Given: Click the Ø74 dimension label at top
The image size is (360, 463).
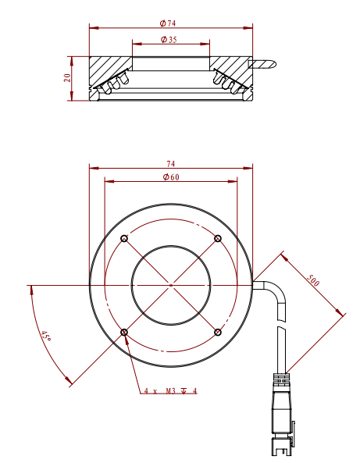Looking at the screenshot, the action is [x=168, y=23].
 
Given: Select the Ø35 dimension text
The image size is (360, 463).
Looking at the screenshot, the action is [x=169, y=39].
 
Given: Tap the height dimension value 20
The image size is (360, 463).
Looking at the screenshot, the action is [x=67, y=77].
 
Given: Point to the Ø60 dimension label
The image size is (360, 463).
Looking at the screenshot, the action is [x=171, y=177].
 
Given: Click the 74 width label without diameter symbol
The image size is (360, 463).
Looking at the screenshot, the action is [x=171, y=164].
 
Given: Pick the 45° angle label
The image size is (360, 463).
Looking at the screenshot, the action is [x=46, y=337].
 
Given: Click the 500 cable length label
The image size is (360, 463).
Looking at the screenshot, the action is [x=312, y=280].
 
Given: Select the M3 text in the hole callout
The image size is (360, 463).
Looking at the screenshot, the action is [x=171, y=391].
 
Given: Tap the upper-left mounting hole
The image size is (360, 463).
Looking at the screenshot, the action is [x=124, y=238].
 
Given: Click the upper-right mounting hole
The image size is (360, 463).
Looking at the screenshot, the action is [x=218, y=238].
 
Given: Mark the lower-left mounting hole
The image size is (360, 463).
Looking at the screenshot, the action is [x=124, y=332].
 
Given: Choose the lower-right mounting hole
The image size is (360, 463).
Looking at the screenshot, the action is [x=218, y=332].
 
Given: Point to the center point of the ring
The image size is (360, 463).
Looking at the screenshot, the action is [x=171, y=285].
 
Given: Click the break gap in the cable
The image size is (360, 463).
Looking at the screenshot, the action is [x=281, y=324].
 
